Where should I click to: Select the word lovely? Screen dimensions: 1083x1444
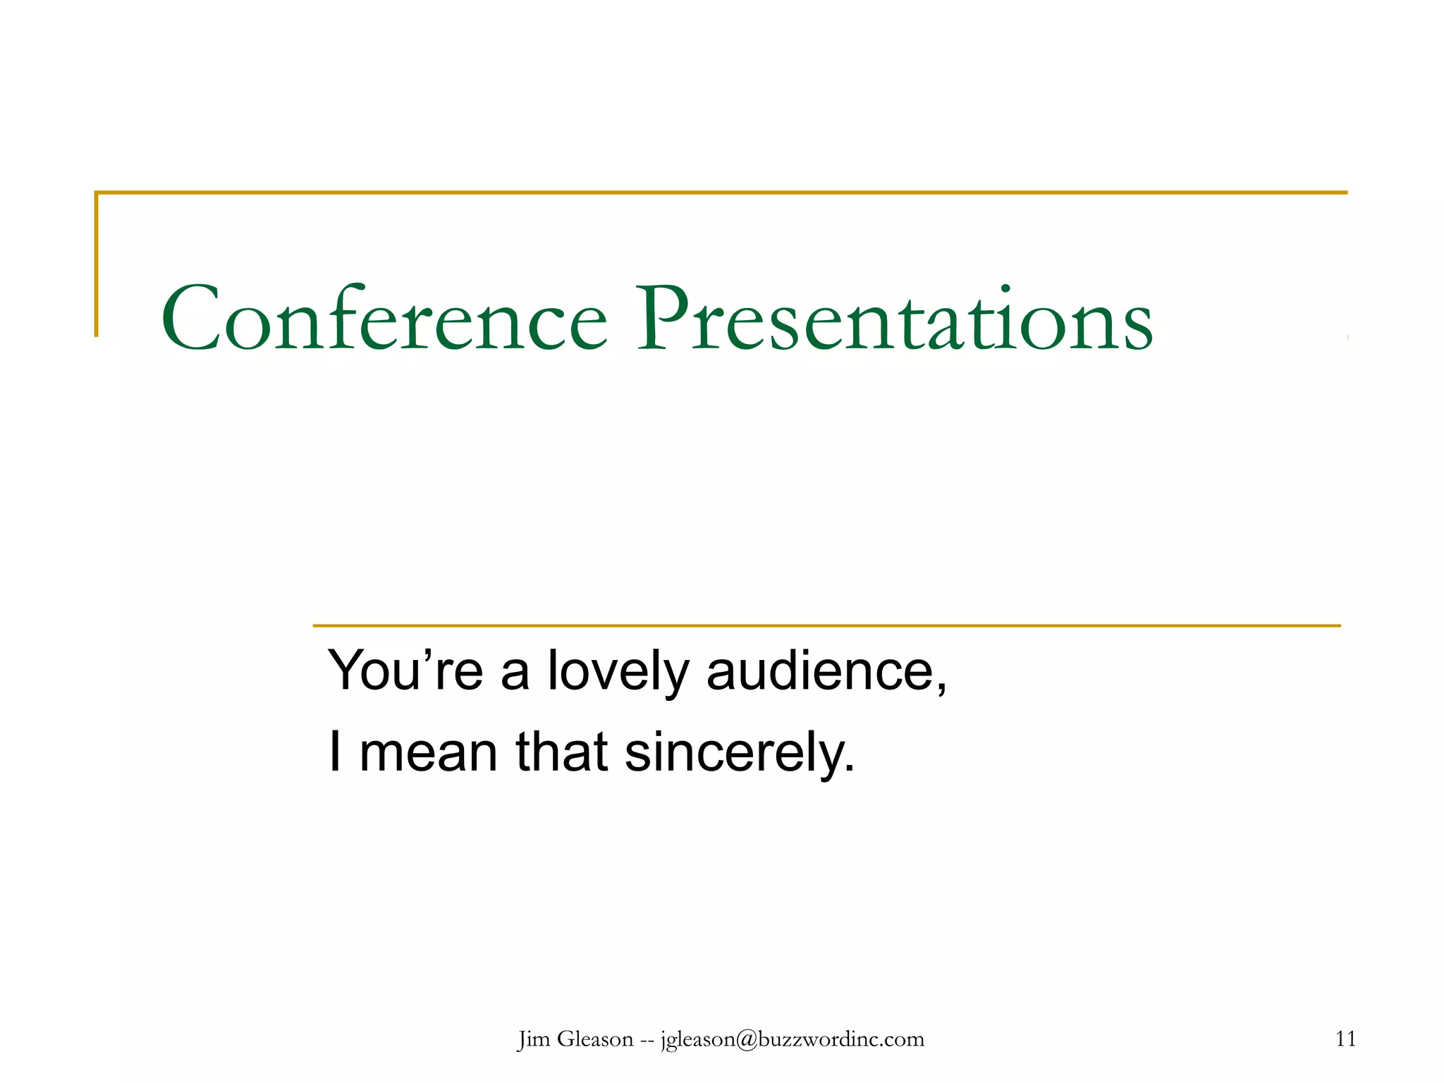[x=618, y=671]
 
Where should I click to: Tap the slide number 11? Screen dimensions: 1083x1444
[x=1345, y=1039]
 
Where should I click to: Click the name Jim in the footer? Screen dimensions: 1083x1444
[x=534, y=1039]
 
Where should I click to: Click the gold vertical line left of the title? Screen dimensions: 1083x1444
[x=97, y=264]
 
